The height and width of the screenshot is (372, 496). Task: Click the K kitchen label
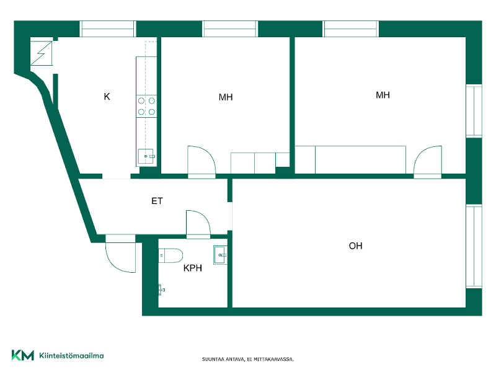[x=107, y=97]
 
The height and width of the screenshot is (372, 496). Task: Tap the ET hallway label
[x=157, y=201]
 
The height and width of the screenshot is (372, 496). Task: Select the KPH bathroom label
[x=193, y=268]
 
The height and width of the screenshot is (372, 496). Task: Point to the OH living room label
[x=355, y=246]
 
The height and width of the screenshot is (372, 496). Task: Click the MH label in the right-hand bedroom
[x=383, y=95]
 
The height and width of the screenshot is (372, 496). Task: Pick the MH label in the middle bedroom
[x=226, y=97]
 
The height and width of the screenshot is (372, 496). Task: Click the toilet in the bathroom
[x=171, y=255]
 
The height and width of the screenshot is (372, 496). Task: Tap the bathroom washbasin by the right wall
[x=220, y=255]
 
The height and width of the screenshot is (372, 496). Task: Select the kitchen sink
[x=146, y=156]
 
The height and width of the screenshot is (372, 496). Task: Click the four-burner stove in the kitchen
[x=146, y=106]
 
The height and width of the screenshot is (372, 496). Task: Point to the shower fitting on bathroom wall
[x=161, y=290]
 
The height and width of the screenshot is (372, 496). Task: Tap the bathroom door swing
[x=198, y=223]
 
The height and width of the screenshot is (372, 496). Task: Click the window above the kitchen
[x=108, y=29]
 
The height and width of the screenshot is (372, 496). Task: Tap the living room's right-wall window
[x=474, y=246]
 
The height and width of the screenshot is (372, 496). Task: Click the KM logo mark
[x=23, y=355]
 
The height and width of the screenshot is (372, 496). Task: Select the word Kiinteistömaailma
[x=71, y=355]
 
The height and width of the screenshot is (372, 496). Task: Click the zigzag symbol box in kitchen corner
[x=42, y=53]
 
